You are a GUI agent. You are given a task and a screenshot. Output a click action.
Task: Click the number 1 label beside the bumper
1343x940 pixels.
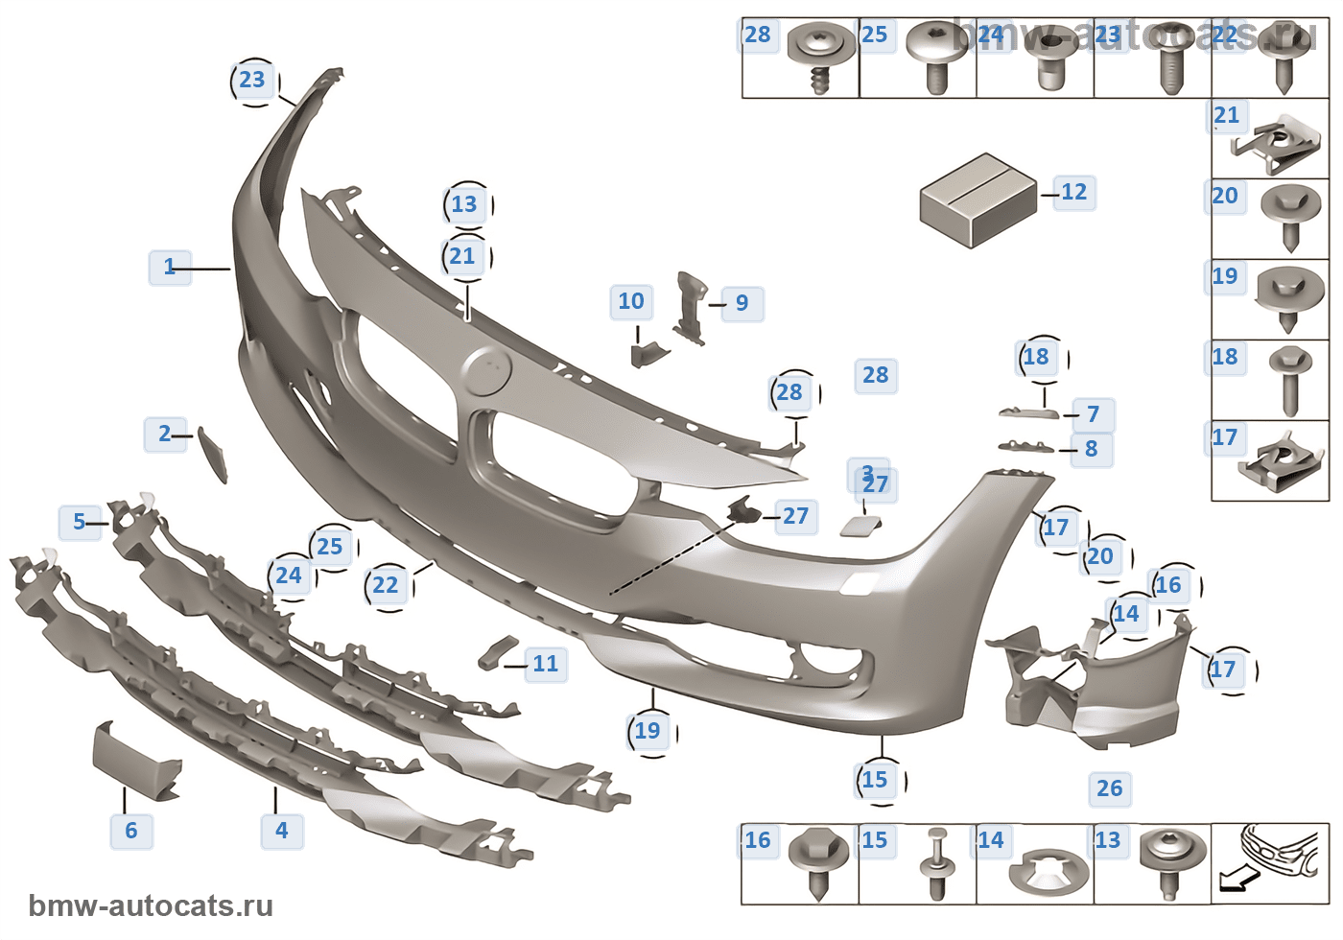pos(170,268)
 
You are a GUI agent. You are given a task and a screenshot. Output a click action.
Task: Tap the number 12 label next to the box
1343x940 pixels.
pos(1074,193)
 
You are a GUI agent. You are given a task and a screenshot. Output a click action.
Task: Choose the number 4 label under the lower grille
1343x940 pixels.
pos(282,831)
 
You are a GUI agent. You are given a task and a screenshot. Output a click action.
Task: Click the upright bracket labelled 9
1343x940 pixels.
pos(690,307)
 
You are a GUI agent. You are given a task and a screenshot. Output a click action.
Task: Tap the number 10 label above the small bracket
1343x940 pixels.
pos(631,302)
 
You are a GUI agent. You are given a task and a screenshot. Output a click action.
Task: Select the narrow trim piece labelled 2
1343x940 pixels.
pos(213,453)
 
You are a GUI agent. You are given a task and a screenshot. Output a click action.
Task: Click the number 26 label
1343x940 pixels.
pos(1110,789)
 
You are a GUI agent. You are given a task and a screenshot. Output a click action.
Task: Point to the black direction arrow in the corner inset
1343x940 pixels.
pos(1237,877)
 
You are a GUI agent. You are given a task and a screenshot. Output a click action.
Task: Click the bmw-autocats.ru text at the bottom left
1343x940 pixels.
pos(151,906)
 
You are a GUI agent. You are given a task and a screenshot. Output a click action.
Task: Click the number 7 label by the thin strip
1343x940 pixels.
pos(1093,415)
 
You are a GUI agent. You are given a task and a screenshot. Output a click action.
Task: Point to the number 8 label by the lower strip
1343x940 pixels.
pos(1092,449)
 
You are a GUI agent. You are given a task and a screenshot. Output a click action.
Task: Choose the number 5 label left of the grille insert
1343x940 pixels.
pos(80,523)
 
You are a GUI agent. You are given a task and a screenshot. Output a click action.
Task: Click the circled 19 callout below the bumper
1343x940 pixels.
pos(648,732)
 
